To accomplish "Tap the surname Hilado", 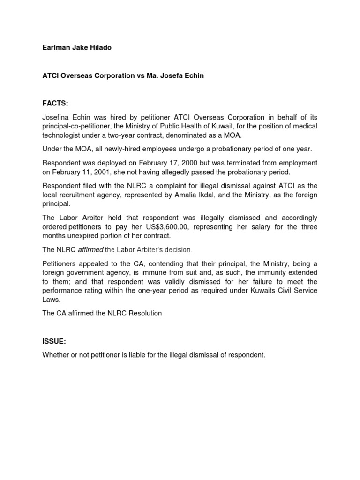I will [99, 48].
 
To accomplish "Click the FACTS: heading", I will [55, 103].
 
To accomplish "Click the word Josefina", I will [58, 117].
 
